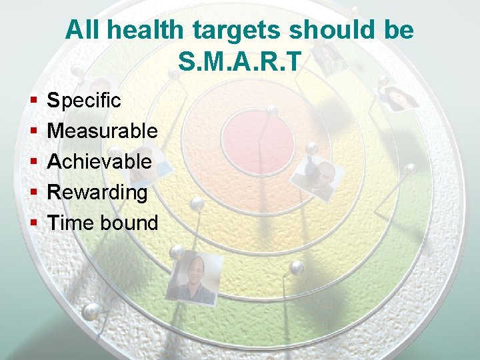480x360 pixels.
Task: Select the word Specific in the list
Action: click(85, 101)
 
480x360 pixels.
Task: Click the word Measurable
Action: click(103, 131)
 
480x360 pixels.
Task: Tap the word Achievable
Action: click(100, 161)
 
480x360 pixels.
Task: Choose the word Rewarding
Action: click(98, 193)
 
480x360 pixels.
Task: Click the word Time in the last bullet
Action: click(71, 223)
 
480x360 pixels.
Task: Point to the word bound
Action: click(129, 223)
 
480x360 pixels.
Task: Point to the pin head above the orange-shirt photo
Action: click(177, 251)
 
